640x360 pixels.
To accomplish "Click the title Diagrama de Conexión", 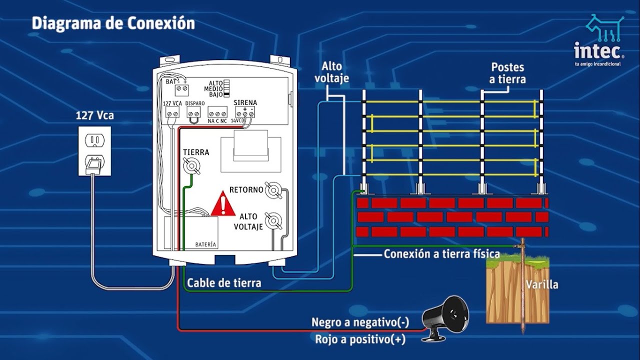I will point(113,23).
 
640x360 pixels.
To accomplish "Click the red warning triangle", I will point(223,204).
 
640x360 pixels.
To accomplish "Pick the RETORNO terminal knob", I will point(272,190).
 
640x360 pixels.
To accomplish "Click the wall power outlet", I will point(94,150).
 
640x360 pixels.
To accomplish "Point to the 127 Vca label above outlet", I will point(94,115).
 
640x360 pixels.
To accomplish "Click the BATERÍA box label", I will point(205,244).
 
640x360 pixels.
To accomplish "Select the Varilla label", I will point(541,285).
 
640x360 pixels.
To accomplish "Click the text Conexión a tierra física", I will point(441,254).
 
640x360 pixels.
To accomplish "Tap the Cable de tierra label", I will point(224,283).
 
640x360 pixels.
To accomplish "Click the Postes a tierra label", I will point(508,73).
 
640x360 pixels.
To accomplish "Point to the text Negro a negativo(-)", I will point(360,322).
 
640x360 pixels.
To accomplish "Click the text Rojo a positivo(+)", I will point(360,339).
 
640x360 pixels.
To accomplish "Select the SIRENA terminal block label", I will point(245,102).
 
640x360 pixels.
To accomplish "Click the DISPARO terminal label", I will point(194,103).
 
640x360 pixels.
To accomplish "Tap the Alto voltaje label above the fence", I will point(334,72).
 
